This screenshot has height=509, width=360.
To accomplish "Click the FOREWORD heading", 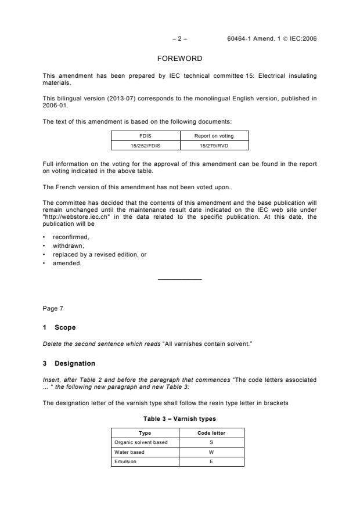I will pyautogui.click(x=179, y=59).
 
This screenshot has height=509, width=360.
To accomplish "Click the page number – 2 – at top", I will pyautogui.click(x=179, y=39).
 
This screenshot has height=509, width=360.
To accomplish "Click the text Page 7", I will pyautogui.click(x=53, y=309).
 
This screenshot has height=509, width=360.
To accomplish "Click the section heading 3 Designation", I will pyautogui.click(x=69, y=363).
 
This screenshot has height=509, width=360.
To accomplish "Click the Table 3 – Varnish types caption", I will pyautogui.click(x=179, y=418).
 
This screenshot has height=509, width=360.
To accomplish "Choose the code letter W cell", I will pyautogui.click(x=211, y=452).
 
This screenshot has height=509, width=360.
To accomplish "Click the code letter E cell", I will pyautogui.click(x=211, y=461).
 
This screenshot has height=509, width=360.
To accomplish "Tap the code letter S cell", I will pyautogui.click(x=211, y=442).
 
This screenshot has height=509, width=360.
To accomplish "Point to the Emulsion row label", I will pyautogui.click(x=125, y=461).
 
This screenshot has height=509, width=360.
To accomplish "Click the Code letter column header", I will pyautogui.click(x=211, y=433).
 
